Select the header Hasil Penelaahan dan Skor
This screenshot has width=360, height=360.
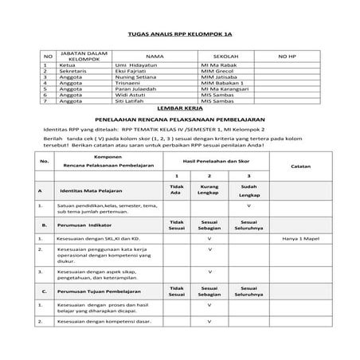(x=209, y=160)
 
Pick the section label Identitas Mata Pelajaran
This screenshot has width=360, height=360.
(x=99, y=192)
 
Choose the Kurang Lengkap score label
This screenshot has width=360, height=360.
(x=209, y=192)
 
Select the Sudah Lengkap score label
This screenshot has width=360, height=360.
(x=248, y=192)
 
